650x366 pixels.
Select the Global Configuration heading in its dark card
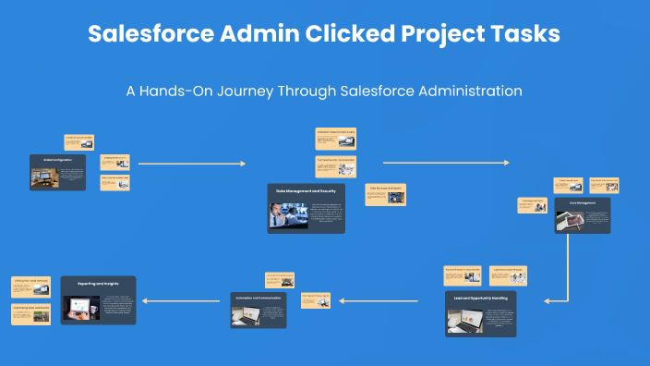[57, 159]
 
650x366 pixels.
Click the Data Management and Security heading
[306, 189]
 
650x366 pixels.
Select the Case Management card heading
[583, 201]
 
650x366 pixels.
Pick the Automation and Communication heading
[258, 298]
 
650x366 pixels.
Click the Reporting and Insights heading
[98, 285]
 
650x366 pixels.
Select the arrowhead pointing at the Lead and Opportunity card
[548, 300]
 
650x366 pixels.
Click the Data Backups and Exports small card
[385, 194]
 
